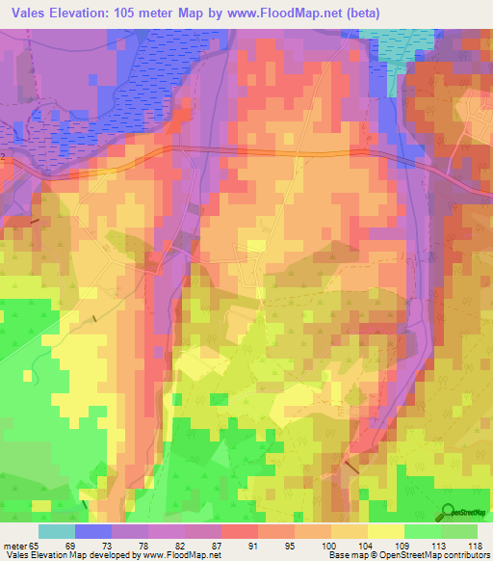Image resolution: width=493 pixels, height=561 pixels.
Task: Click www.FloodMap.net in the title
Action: pos(290,13)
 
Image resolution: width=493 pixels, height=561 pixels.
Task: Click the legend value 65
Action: pos(37,546)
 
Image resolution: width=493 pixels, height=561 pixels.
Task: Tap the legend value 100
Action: pos(329,546)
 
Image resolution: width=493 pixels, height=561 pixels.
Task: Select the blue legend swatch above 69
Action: pos(92,531)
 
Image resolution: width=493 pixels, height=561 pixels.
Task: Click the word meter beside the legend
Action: pos(13,546)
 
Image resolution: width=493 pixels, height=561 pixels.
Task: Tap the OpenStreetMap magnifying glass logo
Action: pos(449,513)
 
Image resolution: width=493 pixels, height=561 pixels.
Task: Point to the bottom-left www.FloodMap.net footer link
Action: pos(181,555)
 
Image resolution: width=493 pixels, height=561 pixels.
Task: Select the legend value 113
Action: pos(440,546)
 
